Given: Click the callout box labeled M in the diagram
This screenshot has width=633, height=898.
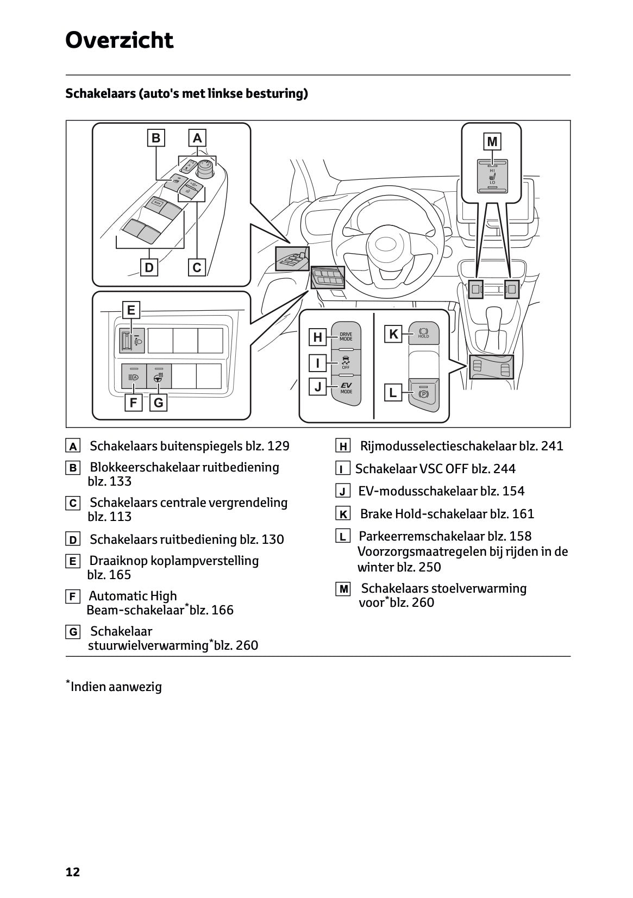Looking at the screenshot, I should (x=492, y=142).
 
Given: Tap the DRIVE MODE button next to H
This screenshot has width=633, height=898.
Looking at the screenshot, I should (x=346, y=337).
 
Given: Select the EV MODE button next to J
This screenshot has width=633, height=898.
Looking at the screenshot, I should (x=346, y=388).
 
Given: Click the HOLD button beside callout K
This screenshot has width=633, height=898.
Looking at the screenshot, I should (x=423, y=333).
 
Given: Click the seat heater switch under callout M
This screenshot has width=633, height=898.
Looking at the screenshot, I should (x=492, y=175).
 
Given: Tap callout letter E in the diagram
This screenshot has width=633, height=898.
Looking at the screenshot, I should (x=131, y=310).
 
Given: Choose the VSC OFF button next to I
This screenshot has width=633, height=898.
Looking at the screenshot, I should (x=346, y=362).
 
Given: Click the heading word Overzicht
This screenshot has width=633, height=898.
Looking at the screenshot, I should (x=119, y=41).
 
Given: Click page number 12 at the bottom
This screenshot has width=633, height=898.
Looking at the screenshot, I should (x=72, y=872).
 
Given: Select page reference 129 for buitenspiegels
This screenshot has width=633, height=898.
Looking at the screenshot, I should (x=279, y=446).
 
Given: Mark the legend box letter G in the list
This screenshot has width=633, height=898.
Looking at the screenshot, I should (x=72, y=632).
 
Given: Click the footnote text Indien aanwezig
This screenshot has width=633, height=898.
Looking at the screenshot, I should (x=116, y=687).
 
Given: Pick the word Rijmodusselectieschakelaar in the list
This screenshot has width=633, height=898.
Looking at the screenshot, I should (x=438, y=446).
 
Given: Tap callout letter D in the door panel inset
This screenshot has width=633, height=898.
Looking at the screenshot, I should (x=149, y=267).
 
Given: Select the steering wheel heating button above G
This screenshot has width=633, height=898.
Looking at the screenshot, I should (x=159, y=376).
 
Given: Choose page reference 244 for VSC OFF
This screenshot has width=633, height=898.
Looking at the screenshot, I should (x=505, y=469).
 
